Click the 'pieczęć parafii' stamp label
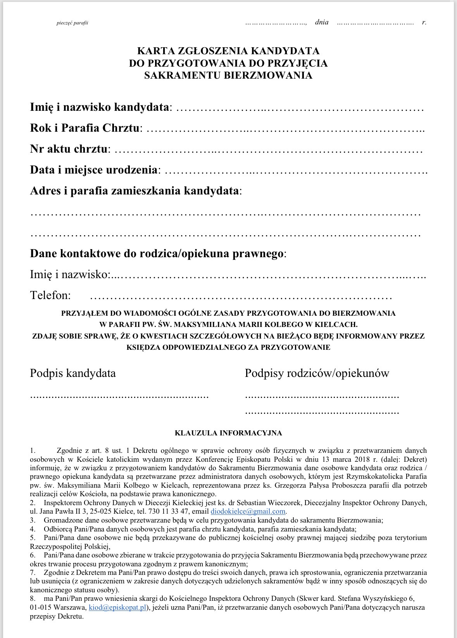72,23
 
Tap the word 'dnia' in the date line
322,22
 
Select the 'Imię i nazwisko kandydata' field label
100,107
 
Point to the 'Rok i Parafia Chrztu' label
85,128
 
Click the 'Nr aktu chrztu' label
69,149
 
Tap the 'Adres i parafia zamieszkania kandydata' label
135,191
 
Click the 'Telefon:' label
50,296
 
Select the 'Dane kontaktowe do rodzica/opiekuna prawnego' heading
157,254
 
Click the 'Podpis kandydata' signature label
73,373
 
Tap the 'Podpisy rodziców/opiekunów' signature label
317,373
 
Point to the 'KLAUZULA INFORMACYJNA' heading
228,433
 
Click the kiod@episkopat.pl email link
117,607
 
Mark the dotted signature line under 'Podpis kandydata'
119,397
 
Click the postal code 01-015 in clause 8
39,607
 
